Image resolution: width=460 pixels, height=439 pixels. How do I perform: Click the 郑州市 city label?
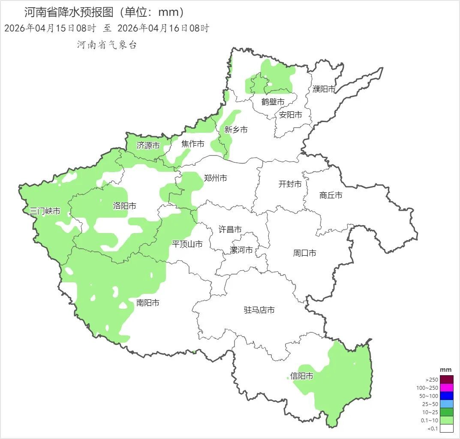215,178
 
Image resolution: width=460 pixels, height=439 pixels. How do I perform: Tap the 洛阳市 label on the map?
124,206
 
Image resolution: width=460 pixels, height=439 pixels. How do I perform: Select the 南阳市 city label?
148,303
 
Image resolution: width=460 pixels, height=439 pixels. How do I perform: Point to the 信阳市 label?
301,376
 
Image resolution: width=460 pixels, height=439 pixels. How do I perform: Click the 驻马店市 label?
259,310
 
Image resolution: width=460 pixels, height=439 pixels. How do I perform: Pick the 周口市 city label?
304,253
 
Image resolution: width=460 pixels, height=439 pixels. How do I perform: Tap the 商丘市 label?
331,195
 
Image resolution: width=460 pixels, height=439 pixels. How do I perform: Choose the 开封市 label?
290,184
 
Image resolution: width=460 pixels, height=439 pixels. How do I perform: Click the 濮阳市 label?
324,89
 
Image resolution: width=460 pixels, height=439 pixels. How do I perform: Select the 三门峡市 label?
45,211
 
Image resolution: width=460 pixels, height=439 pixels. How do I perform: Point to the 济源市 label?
148,146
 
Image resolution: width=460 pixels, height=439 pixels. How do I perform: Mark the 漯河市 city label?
241,250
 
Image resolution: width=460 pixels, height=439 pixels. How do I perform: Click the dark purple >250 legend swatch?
446,379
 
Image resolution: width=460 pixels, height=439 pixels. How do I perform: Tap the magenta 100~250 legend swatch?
446,388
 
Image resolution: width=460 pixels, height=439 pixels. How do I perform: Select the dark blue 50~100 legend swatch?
446,396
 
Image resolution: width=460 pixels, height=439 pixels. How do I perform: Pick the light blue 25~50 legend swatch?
446,404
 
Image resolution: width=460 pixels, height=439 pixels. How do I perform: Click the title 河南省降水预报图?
69,12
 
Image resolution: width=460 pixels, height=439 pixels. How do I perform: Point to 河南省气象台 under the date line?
107,45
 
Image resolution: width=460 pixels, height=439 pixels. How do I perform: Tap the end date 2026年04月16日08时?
163,28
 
